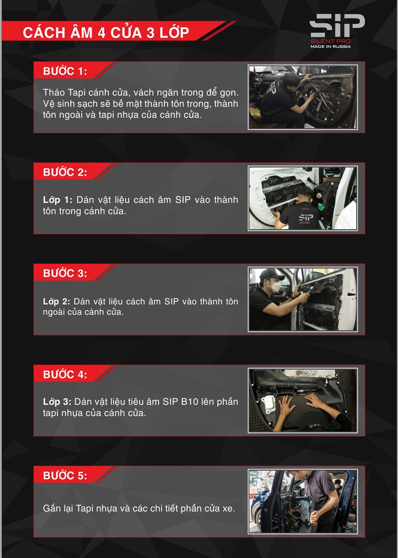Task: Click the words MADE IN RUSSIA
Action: tap(330, 46)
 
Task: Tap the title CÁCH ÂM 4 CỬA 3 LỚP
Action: tap(106, 33)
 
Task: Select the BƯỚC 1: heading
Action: tap(65, 71)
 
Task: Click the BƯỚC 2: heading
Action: tap(65, 172)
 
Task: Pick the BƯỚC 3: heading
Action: tap(65, 273)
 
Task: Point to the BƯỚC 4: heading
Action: tap(65, 374)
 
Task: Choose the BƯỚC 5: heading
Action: tap(65, 476)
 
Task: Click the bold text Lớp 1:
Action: tap(57, 200)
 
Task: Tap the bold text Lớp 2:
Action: tap(57, 301)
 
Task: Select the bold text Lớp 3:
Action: tap(57, 401)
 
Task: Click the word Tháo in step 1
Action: tap(54, 92)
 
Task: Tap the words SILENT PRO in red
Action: tap(330, 41)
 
